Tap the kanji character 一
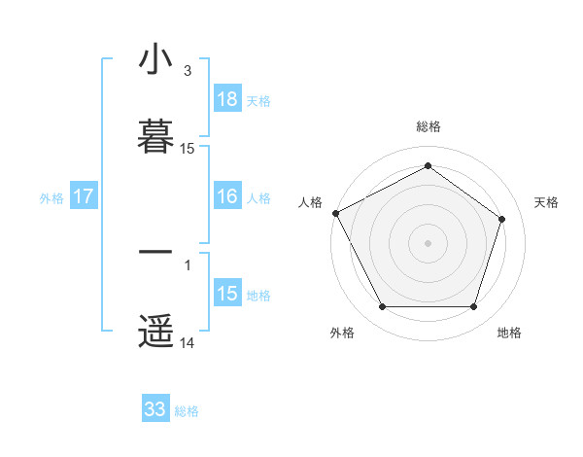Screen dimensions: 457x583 coord(155,252)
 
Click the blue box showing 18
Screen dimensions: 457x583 coord(227,99)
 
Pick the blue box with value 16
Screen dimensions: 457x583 coord(227,196)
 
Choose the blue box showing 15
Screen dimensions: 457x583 coord(227,294)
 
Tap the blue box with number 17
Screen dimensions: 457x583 coord(84,196)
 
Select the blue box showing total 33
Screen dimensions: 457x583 coord(155,409)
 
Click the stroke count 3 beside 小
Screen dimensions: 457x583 coord(188,71)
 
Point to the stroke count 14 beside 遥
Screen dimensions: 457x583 coord(188,343)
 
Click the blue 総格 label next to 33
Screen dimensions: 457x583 coord(187,411)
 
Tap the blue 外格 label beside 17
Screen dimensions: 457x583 coord(51,198)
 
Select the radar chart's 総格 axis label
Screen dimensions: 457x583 coord(429,126)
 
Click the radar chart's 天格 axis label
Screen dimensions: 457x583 coord(547,202)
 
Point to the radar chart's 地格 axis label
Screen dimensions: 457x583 coord(509,333)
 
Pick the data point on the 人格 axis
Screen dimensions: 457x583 coord(335,213)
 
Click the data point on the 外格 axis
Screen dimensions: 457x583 coord(382,307)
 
